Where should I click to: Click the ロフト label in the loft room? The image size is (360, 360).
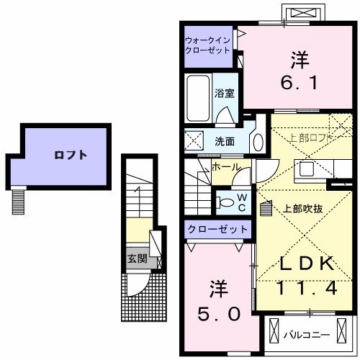[x=70, y=154]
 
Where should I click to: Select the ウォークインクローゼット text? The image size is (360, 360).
[x=207, y=46]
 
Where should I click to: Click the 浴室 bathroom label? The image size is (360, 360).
[x=224, y=92]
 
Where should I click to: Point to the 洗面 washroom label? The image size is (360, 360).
[x=224, y=140]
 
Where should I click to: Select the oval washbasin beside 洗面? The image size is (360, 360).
[x=256, y=140]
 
